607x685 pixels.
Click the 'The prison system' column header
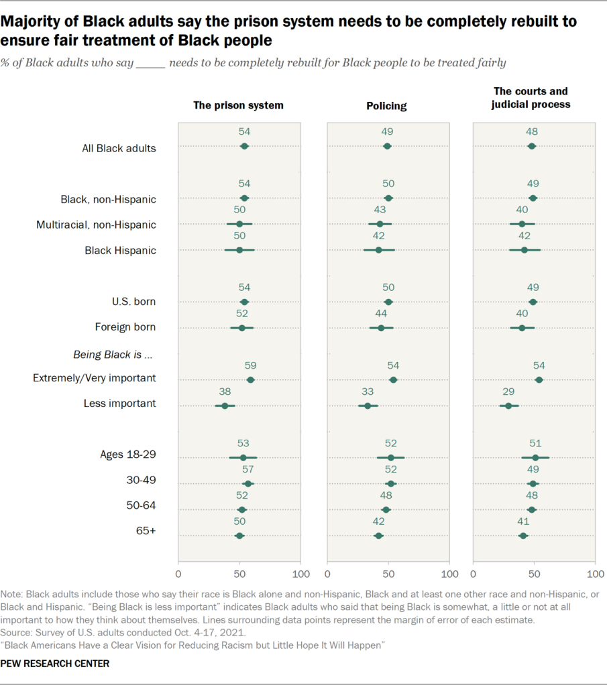(238, 105)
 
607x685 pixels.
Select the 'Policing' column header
(386, 106)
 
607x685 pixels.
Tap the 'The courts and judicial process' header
(532, 98)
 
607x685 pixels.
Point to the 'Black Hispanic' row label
(120, 251)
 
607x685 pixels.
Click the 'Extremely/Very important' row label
(95, 378)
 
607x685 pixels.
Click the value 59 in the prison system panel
(251, 366)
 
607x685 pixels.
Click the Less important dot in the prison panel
(225, 406)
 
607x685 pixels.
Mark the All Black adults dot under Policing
(387, 146)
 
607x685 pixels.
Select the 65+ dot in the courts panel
(523, 536)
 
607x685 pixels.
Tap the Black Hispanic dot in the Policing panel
(378, 250)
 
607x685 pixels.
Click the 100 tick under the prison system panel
(300, 574)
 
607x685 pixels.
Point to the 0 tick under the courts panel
(474, 574)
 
